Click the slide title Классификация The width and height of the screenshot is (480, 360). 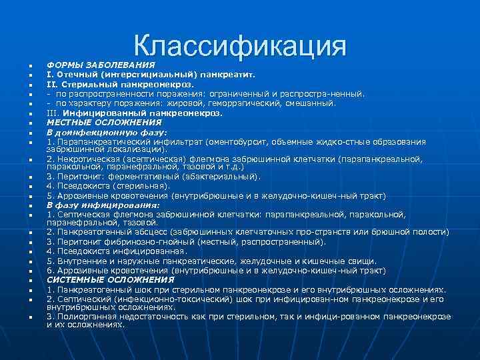click(240, 46)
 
